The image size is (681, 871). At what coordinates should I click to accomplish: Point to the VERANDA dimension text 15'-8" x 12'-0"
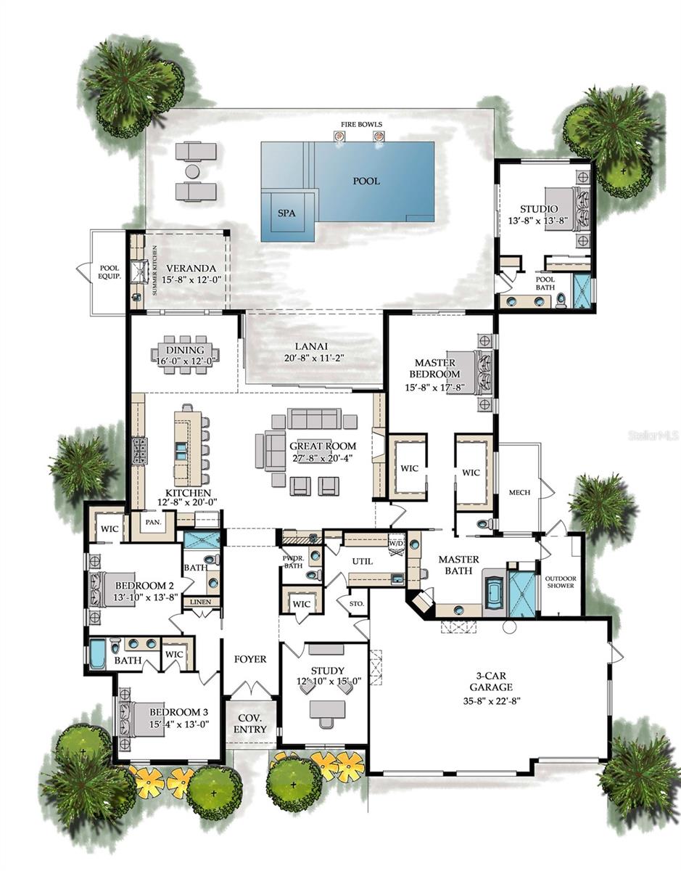click(x=183, y=279)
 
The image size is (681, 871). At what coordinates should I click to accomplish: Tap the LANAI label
click(x=313, y=345)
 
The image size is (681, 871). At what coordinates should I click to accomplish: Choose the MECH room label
click(x=519, y=492)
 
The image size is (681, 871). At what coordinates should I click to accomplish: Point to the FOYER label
click(x=249, y=659)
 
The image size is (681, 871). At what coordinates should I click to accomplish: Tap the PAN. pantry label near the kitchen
click(x=153, y=521)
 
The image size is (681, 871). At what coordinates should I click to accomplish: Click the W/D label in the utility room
click(x=396, y=543)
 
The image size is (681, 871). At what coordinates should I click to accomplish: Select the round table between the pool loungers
click(x=192, y=171)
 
